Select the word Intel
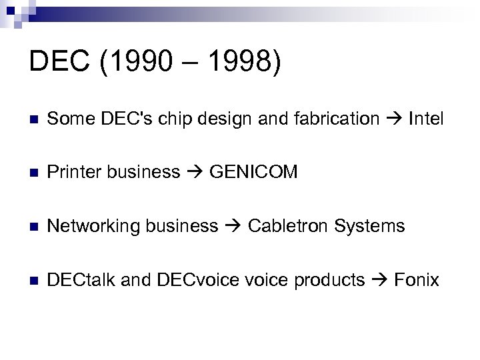(426, 119)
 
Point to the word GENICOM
(253, 173)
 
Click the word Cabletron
(287, 226)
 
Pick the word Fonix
(417, 279)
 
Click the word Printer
(74, 173)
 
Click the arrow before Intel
(394, 120)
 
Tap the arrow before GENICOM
(195, 173)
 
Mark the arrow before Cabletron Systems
(233, 227)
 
